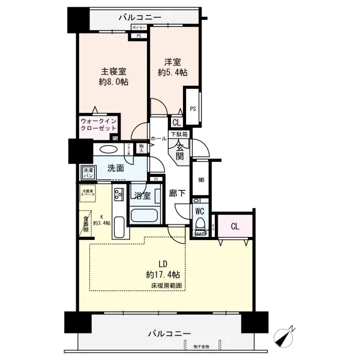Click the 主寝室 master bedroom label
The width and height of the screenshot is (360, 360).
[113, 76]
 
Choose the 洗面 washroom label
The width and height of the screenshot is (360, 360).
[116, 169]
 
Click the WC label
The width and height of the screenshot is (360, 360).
[200, 211]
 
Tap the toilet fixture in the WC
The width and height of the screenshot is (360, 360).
[200, 227]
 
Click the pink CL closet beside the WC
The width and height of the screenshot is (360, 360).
[235, 226]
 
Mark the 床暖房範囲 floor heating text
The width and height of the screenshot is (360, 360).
[166, 286]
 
